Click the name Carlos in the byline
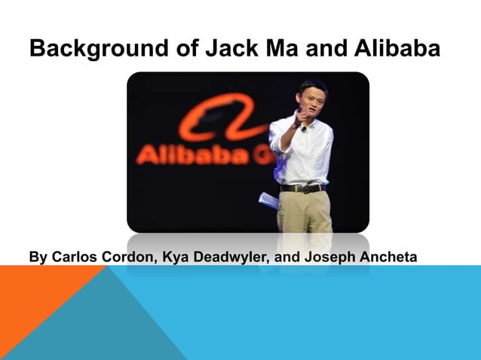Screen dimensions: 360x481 point(72,258)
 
